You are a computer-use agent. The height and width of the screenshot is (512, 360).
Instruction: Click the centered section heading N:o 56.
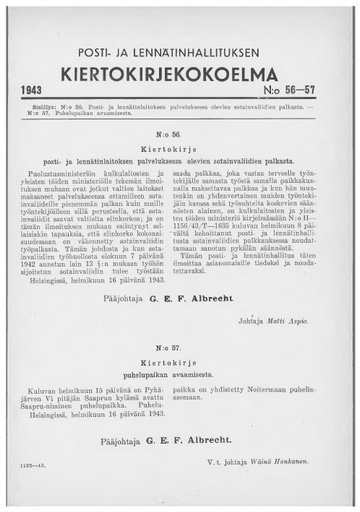(x=180, y=133)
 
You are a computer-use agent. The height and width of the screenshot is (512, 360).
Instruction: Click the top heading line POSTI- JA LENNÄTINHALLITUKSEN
(x=180, y=52)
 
